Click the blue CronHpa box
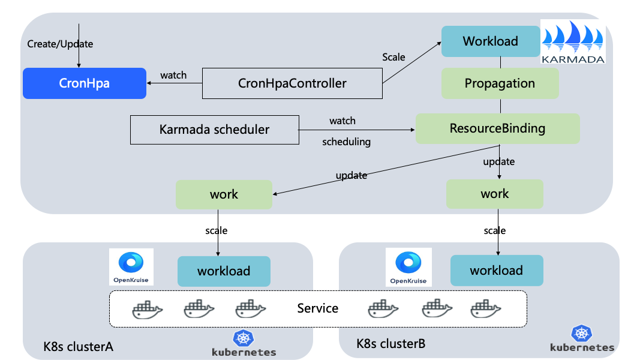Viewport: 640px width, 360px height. (84, 83)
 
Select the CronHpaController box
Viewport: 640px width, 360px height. (292, 83)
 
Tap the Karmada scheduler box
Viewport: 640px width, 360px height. (214, 129)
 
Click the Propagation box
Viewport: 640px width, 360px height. (500, 83)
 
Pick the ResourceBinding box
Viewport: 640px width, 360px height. (497, 128)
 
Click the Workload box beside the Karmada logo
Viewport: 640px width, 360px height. (490, 41)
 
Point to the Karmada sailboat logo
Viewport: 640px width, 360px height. (573, 41)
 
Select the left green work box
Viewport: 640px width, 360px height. (224, 194)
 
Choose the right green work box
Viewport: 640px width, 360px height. (494, 194)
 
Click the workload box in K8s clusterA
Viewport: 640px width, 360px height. (223, 271)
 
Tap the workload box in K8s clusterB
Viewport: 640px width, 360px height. (496, 270)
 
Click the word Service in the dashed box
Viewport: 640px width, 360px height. (318, 308)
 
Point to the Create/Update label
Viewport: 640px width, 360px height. (61, 44)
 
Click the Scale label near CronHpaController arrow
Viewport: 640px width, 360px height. (393, 58)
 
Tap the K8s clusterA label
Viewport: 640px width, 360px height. (78, 347)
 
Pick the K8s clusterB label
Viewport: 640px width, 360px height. (390, 344)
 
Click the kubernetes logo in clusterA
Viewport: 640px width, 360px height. (244, 344)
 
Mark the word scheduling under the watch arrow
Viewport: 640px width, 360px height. (346, 142)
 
